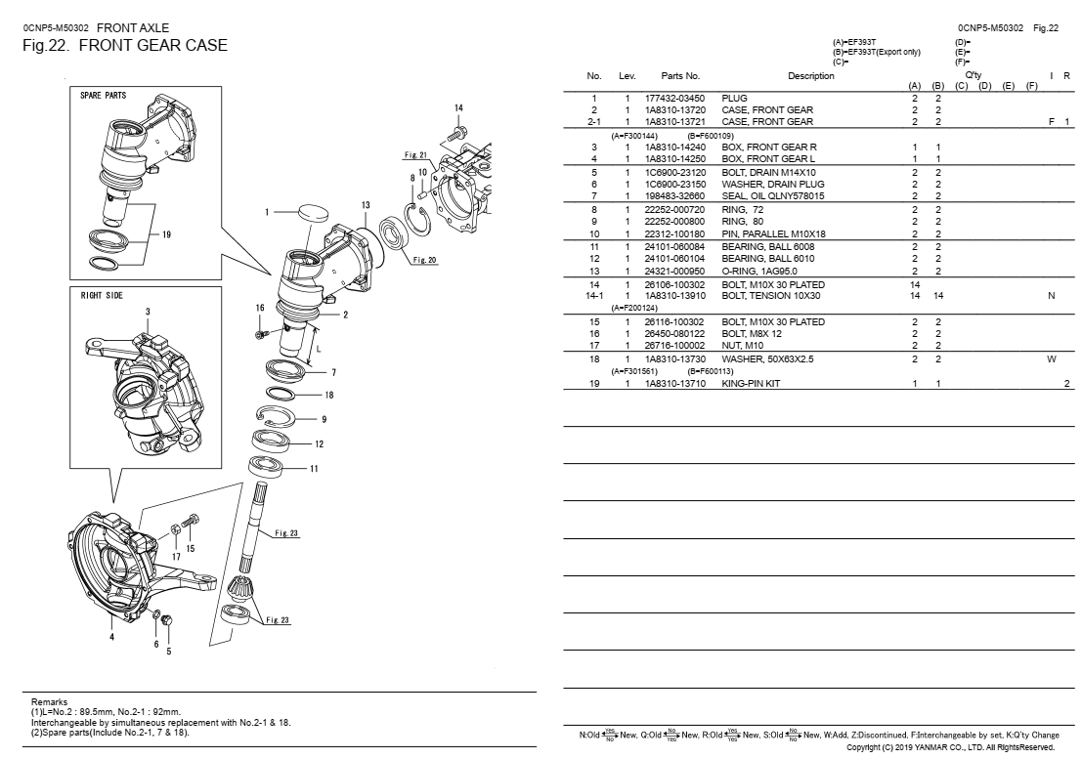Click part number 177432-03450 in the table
pyautogui.click(x=674, y=99)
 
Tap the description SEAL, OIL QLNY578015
pyautogui.click(x=772, y=195)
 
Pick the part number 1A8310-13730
pyautogui.click(x=674, y=359)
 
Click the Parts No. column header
pyautogui.click(x=680, y=75)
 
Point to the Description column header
pyautogui.click(x=811, y=75)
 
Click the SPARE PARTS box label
pyautogui.click(x=104, y=96)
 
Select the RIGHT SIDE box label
pyautogui.click(x=102, y=295)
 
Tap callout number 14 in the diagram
pyautogui.click(x=458, y=107)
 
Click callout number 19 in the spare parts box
pyautogui.click(x=166, y=234)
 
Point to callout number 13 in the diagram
pyautogui.click(x=366, y=205)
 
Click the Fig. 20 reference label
pyautogui.click(x=425, y=260)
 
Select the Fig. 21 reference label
pyautogui.click(x=415, y=154)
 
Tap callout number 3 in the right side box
pyautogui.click(x=148, y=312)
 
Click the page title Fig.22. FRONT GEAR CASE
pyautogui.click(x=125, y=46)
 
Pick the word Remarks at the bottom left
pyautogui.click(x=50, y=702)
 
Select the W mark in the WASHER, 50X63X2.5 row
pyautogui.click(x=1052, y=359)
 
